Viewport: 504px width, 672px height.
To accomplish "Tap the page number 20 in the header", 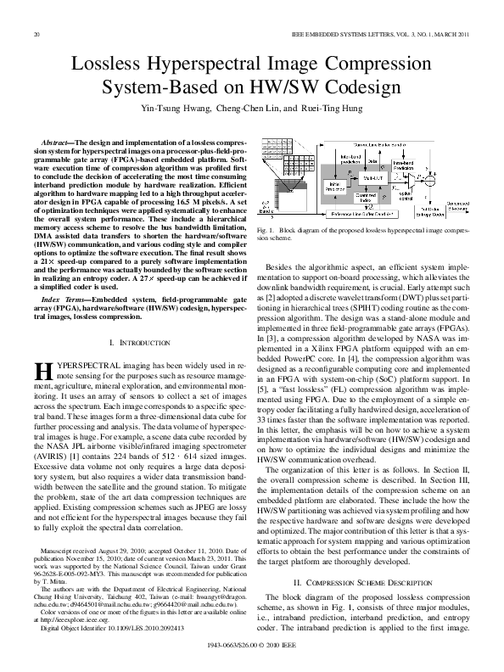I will point(36,34).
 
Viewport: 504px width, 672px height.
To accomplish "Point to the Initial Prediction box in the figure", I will point(313,183).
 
